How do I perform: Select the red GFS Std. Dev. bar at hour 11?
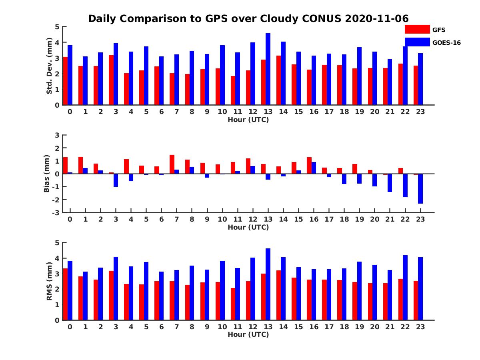point(233,90)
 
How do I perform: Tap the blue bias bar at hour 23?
point(420,188)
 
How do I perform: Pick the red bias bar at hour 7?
point(172,164)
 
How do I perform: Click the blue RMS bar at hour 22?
point(405,288)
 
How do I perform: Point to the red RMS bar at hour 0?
point(65,294)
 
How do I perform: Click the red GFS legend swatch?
point(417,29)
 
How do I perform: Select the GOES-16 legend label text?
point(446,42)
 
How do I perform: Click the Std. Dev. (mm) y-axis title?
point(50,66)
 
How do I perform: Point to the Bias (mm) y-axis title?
point(47,174)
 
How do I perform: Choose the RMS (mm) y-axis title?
point(50,281)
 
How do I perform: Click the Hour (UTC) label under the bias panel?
point(248,227)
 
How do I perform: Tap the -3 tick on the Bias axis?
point(56,212)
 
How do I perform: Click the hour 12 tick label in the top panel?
point(253,112)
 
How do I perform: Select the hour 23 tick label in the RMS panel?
point(420,327)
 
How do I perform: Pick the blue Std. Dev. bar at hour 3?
point(116,74)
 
